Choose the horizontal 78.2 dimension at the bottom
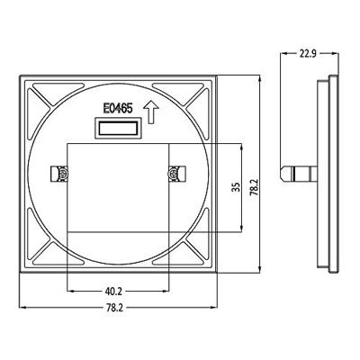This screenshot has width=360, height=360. pyautogui.click(x=114, y=309)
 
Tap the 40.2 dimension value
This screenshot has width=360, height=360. pyautogui.click(x=114, y=292)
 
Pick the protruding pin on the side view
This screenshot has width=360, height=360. pyautogui.click(x=298, y=170)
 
